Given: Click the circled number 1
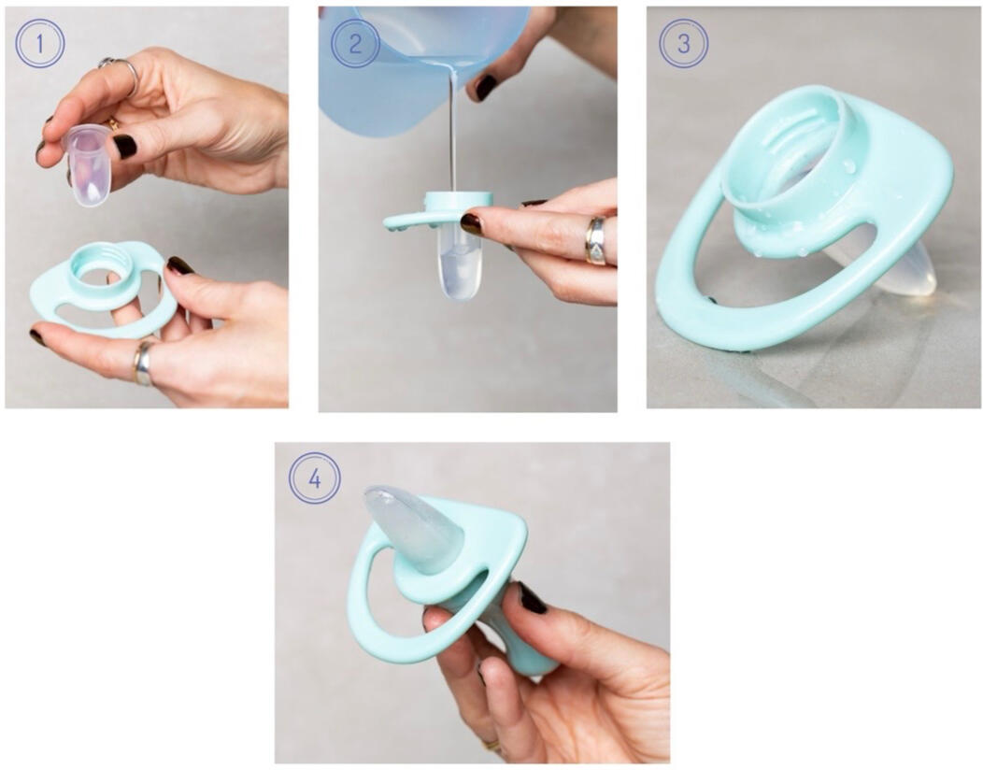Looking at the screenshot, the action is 40,43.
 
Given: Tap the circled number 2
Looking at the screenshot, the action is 355,44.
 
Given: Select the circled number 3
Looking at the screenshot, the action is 683,43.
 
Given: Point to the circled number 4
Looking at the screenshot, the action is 315,478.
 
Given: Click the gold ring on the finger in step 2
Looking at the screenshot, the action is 595,240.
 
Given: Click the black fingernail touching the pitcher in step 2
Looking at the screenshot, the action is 486,87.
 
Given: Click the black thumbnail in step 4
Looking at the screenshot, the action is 533,598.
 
